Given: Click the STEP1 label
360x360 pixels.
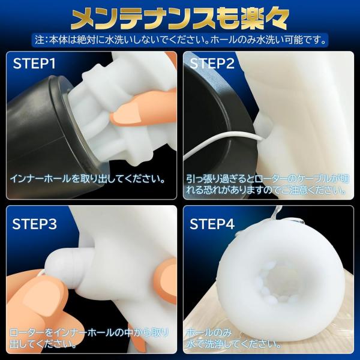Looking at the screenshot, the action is pos(34,64).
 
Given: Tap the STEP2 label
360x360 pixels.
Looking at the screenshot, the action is pos(212,64).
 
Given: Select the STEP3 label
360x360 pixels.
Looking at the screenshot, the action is pos(34,224).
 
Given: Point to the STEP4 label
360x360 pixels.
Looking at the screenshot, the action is pos(212,224).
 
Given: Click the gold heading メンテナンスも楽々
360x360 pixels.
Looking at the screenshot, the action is pos(180,20).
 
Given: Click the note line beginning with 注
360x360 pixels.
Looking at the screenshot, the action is pos(181,40).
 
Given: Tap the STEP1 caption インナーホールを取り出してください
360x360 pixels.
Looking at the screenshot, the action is pos(88,179).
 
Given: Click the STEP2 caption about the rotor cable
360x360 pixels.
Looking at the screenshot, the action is pos(268,185).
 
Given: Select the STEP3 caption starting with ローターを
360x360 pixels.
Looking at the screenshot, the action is pos(89,338).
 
